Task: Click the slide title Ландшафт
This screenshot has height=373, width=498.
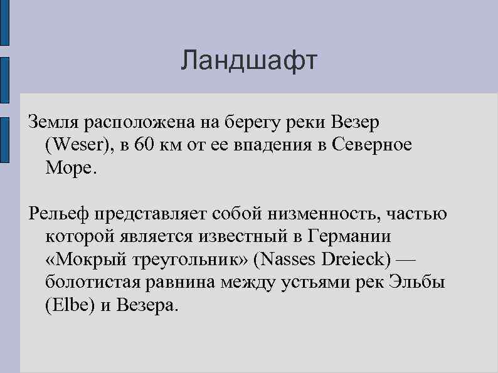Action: coord(249,61)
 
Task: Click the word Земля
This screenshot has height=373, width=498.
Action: coord(54,122)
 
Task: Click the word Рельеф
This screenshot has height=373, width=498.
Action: coord(60,214)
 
